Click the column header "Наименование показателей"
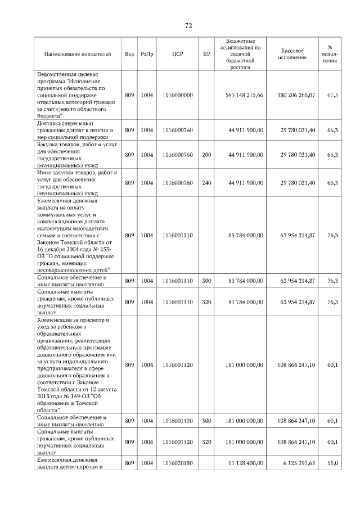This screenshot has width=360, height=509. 78,54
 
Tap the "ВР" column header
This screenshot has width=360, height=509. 206,54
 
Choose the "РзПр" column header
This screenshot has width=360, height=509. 147,54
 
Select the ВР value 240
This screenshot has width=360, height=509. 206,183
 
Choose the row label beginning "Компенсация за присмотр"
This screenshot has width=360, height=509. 76,365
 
